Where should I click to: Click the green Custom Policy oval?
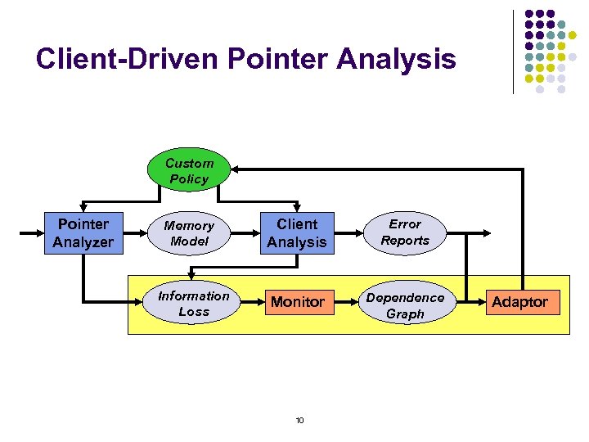(x=188, y=171)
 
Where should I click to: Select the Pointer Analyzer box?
(x=83, y=233)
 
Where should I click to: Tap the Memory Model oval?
(x=189, y=233)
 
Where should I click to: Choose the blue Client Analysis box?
(x=296, y=233)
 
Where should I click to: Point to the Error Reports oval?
(x=405, y=232)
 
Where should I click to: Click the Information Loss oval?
(x=194, y=304)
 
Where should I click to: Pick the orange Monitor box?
(x=297, y=302)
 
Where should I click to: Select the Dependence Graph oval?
(x=405, y=305)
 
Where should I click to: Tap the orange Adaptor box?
(x=519, y=302)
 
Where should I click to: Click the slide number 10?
(x=299, y=421)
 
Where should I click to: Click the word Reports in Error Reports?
(x=405, y=241)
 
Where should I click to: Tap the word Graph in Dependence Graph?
(x=405, y=313)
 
